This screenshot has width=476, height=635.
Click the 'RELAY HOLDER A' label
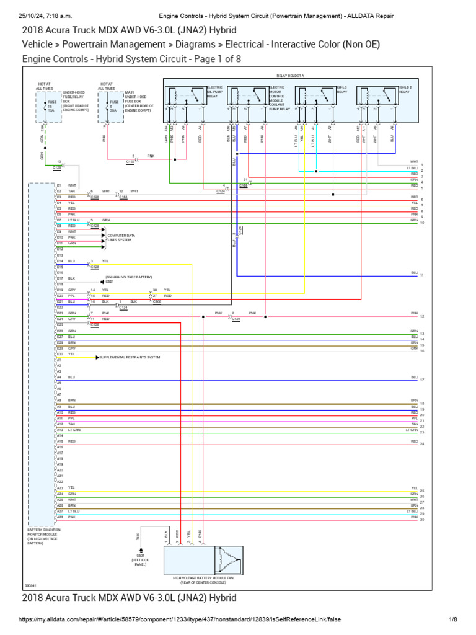click(290, 76)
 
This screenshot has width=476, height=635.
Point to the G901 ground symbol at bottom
click(141, 550)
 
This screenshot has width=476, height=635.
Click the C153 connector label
click(131, 162)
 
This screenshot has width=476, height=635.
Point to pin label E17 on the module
click(59, 278)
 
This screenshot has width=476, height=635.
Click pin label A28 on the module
click(59, 517)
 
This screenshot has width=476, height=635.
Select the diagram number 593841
click(30, 585)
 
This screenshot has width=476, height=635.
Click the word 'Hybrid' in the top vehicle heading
click(221, 30)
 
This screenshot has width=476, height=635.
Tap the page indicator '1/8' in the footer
click(452, 619)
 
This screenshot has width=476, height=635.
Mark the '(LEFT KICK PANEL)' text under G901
click(140, 562)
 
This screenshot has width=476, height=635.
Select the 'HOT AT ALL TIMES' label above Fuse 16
click(44, 86)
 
